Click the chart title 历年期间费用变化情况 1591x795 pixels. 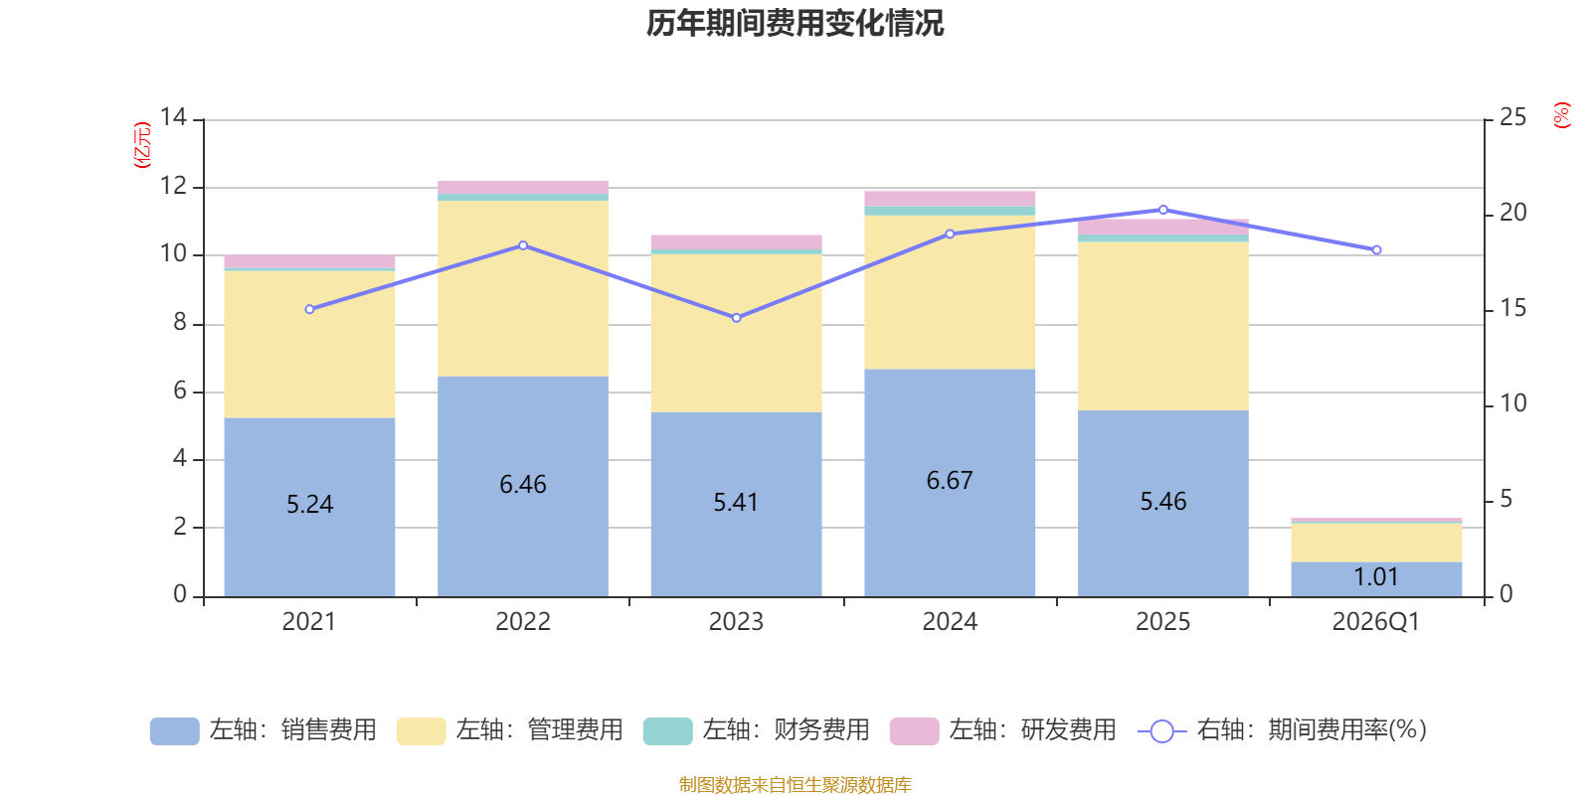tap(795, 23)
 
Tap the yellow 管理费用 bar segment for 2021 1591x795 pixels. tap(309, 344)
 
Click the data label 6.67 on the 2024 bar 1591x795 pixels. tap(950, 481)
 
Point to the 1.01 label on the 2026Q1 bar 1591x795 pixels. tap(1376, 577)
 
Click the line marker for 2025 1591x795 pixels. tap(1163, 210)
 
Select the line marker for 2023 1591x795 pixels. tap(736, 318)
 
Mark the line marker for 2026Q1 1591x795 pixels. tap(1376, 250)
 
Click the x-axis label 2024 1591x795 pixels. tap(950, 622)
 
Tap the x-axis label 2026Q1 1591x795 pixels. tap(1376, 622)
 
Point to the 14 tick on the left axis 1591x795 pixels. tap(173, 117)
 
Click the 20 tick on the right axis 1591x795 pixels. tap(1512, 213)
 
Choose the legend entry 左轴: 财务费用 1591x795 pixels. tap(757, 730)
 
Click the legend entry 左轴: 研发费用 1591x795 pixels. tap(1003, 730)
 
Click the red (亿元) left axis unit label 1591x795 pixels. tap(142, 145)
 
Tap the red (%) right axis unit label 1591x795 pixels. tap(1562, 115)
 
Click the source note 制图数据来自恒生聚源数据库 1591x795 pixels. tap(795, 785)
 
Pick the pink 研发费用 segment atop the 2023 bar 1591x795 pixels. tap(736, 242)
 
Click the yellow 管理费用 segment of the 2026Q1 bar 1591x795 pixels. tap(1376, 543)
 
